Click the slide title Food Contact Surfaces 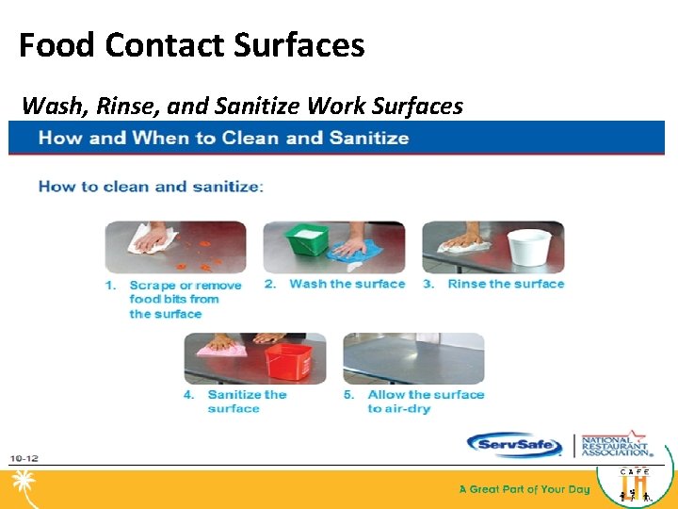(x=192, y=45)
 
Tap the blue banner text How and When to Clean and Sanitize (x=223, y=139)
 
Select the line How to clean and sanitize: (x=151, y=186)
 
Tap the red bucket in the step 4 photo (x=291, y=360)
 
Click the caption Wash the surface (x=347, y=284)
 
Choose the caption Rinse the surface (x=506, y=284)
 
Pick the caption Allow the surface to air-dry (x=426, y=402)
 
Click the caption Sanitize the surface (x=247, y=402)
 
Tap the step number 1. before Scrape (x=110, y=285)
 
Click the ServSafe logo (x=515, y=445)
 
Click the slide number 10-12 (x=24, y=458)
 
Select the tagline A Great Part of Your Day (x=524, y=489)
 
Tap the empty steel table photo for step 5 (x=413, y=358)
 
